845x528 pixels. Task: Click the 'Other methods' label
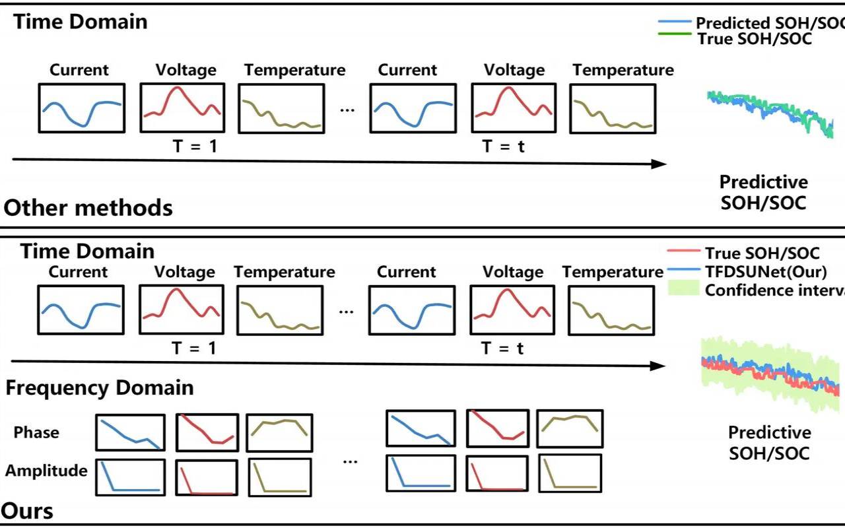[88, 208]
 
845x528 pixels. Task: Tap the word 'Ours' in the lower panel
[28, 511]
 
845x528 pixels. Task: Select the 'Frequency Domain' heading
[100, 387]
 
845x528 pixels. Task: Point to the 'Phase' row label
[36, 432]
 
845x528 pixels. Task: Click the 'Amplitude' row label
[46, 471]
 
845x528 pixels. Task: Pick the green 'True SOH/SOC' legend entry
[755, 39]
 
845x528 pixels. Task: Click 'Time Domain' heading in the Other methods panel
[81, 21]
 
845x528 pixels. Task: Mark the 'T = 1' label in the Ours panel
[194, 348]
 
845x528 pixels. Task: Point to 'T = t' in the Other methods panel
[503, 147]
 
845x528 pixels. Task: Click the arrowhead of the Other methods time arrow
[659, 164]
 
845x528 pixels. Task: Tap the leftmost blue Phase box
[131, 432]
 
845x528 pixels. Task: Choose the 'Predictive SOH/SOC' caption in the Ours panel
[769, 443]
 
